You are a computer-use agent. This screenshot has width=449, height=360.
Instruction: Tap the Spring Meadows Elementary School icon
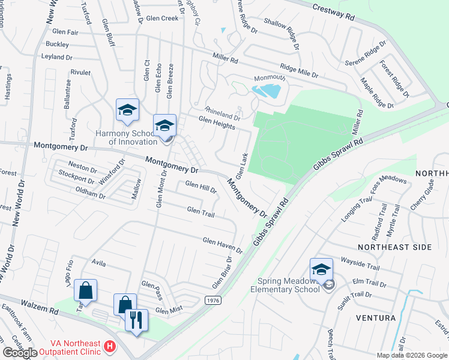(322, 269)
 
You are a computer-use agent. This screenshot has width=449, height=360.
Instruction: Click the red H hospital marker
(109, 346)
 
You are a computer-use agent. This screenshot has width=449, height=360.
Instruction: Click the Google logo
(20, 353)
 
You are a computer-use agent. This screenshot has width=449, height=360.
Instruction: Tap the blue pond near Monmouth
(267, 91)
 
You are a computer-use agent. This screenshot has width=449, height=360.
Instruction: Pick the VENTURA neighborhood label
(375, 317)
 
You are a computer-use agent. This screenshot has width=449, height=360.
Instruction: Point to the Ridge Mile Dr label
(298, 71)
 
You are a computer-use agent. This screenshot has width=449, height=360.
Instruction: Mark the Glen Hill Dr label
(200, 187)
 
